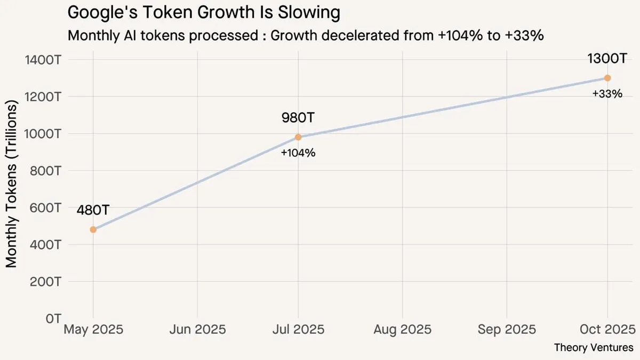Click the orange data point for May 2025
point(93,229)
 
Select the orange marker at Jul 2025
point(298,137)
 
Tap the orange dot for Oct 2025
point(607,78)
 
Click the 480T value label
point(93,210)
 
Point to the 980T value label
point(298,117)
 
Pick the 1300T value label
point(607,59)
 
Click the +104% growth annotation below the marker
point(298,153)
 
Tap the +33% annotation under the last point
point(607,94)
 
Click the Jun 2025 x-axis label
point(198,329)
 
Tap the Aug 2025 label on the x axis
point(402,329)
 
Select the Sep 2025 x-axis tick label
point(506,329)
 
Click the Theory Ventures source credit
point(594,348)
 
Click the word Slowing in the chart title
point(310,12)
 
